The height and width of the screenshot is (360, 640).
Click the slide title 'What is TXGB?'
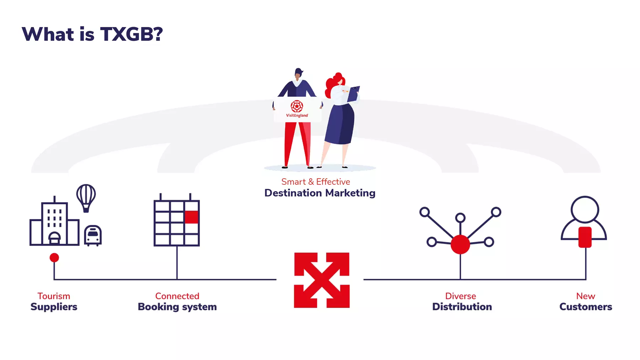pyautogui.click(x=92, y=34)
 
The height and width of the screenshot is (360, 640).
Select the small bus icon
pyautogui.click(x=93, y=236)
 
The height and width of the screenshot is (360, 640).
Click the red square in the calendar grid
pyautogui.click(x=191, y=217)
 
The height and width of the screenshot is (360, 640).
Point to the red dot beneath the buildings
pyautogui.click(x=54, y=257)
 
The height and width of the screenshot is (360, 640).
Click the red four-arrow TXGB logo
pyautogui.click(x=322, y=280)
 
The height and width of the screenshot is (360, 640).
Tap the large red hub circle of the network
pyautogui.click(x=460, y=245)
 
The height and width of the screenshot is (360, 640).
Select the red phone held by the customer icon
pyautogui.click(x=585, y=237)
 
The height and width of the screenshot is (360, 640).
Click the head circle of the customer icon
pyautogui.click(x=585, y=210)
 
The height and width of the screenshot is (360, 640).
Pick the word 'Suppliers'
pyautogui.click(x=54, y=307)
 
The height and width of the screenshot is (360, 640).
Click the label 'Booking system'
pyautogui.click(x=177, y=307)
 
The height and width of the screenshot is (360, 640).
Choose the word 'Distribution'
pyautogui.click(x=462, y=307)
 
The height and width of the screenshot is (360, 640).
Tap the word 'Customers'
pyautogui.click(x=586, y=307)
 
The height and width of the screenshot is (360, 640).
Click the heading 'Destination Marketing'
pyautogui.click(x=320, y=193)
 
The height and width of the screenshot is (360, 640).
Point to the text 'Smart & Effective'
pyautogui.click(x=316, y=182)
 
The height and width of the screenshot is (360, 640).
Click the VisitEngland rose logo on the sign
pyautogui.click(x=297, y=106)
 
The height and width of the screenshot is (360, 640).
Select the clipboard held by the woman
pyautogui.click(x=353, y=93)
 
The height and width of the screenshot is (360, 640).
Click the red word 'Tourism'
pyautogui.click(x=54, y=296)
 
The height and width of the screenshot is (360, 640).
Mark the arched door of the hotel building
pyautogui.click(x=54, y=238)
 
